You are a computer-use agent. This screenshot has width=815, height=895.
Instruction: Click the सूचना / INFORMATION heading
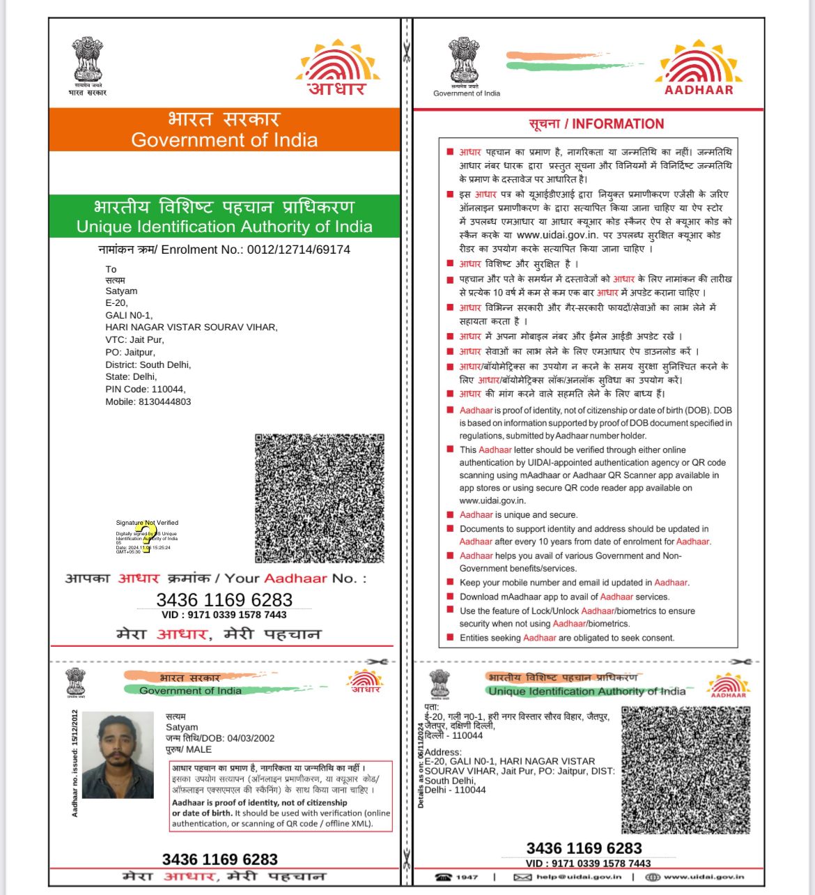click(x=596, y=124)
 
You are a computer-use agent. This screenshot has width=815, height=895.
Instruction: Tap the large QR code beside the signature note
click(x=320, y=498)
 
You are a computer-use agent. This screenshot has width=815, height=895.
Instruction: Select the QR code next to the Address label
click(x=685, y=770)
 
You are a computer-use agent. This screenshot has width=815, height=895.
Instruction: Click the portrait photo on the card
click(x=118, y=755)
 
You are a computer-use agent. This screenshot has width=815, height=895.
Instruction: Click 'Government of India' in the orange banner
click(x=224, y=140)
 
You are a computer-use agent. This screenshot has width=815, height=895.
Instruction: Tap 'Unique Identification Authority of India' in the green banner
click(x=224, y=227)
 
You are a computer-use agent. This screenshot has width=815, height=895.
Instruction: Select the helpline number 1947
click(x=467, y=877)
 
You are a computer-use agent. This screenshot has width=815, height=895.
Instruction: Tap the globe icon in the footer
click(x=653, y=877)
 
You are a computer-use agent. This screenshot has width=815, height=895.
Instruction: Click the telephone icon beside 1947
click(x=443, y=877)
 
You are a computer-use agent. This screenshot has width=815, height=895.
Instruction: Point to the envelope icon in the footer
click(x=522, y=877)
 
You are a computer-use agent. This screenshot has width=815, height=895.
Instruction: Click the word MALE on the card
click(x=199, y=749)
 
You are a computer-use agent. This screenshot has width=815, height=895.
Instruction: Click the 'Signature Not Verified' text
click(x=147, y=522)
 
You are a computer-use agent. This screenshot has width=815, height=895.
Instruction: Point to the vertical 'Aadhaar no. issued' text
click(x=75, y=763)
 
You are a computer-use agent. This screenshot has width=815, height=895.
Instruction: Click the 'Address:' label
click(x=443, y=752)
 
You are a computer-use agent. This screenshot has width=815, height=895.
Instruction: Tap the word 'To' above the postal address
click(x=111, y=269)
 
